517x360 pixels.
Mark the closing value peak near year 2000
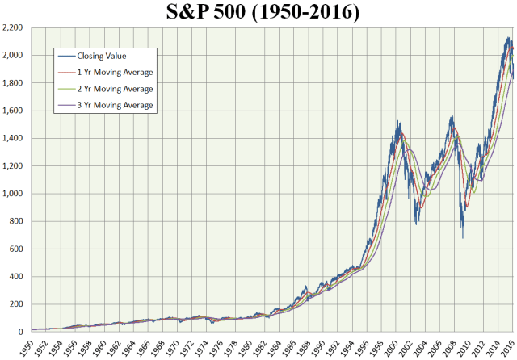click(x=397, y=121)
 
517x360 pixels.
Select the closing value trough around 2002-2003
click(x=417, y=224)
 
